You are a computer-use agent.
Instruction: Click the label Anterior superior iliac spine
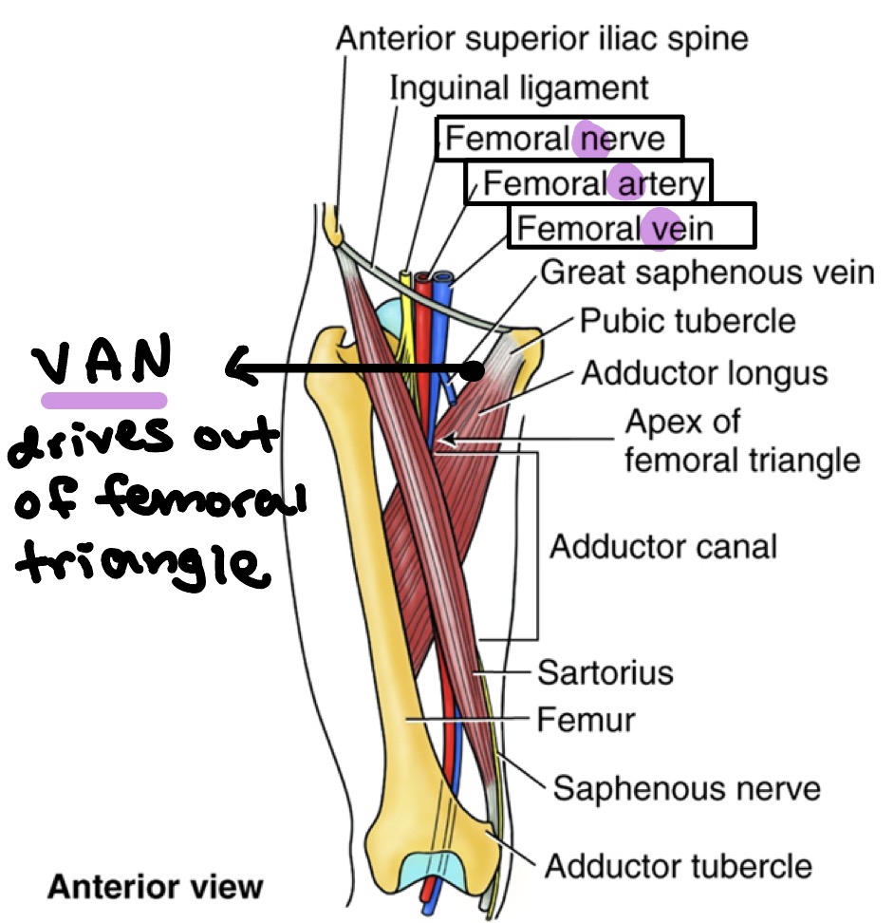coord(544,38)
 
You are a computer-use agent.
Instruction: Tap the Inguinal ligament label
coord(519,88)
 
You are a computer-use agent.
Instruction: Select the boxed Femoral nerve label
coord(558,140)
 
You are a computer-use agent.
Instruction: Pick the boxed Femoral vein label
coord(630,227)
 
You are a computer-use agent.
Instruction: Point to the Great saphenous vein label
coord(706,273)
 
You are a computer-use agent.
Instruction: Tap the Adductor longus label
coord(704,372)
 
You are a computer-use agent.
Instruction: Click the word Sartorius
coord(605,673)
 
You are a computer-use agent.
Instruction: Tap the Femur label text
coord(586,720)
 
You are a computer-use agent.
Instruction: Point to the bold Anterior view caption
coord(155,888)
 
